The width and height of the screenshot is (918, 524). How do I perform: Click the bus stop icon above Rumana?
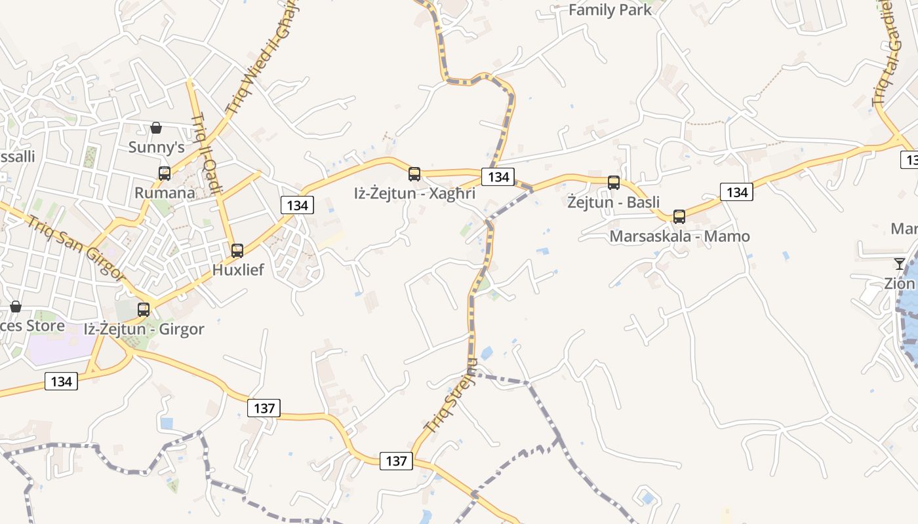pyautogui.click(x=165, y=174)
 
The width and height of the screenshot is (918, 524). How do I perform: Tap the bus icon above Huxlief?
pyautogui.click(x=237, y=250)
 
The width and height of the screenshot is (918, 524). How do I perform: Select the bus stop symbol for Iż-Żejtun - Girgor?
pyautogui.click(x=144, y=310)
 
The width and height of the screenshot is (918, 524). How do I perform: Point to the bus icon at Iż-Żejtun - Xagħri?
pyautogui.click(x=414, y=174)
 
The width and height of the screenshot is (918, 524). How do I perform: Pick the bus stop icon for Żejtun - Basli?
pyautogui.click(x=614, y=183)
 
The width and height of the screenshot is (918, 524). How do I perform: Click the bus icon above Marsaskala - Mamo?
pyautogui.click(x=679, y=217)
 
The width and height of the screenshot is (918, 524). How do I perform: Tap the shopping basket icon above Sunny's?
pyautogui.click(x=156, y=127)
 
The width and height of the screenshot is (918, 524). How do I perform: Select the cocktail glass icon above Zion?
pyautogui.click(x=900, y=264)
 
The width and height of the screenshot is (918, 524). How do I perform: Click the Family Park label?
pyautogui.click(x=610, y=10)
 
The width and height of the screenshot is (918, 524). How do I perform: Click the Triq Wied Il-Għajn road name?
pyautogui.click(x=261, y=59)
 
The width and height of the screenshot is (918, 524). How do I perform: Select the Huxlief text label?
pyautogui.click(x=238, y=269)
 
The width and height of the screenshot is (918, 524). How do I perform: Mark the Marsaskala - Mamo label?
pyautogui.click(x=679, y=236)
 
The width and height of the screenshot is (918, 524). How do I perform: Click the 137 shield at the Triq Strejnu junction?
pyautogui.click(x=397, y=461)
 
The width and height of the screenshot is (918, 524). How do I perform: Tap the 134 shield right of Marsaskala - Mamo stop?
pyautogui.click(x=737, y=192)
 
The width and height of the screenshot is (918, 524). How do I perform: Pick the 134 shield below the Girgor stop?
pyautogui.click(x=62, y=381)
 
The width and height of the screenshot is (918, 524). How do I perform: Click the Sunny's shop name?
pyautogui.click(x=156, y=147)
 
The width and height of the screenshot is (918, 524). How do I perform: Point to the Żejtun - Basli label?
pyautogui.click(x=614, y=202)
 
